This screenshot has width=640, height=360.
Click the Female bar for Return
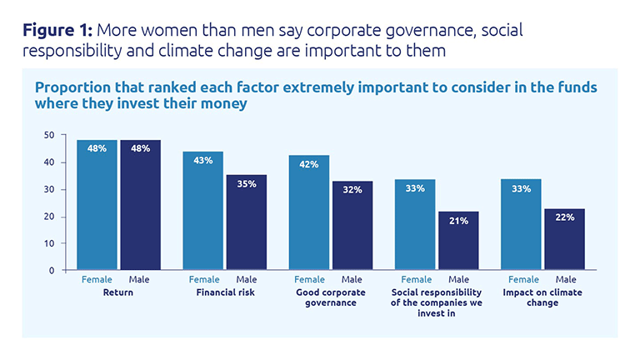[x=97, y=205]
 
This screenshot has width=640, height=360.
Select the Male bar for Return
[x=140, y=205]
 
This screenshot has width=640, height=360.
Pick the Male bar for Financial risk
[x=246, y=222]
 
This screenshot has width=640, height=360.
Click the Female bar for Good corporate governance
[x=308, y=212]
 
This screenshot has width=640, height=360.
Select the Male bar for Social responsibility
[x=457, y=241]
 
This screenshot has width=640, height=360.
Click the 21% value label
[x=458, y=221]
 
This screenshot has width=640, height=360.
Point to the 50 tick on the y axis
[x=49, y=135]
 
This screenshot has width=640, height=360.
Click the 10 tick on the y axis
[x=49, y=243]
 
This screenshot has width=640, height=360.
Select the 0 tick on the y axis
[x=52, y=271]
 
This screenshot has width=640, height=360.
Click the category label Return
[x=118, y=292]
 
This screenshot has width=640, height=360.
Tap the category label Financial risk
[x=224, y=292]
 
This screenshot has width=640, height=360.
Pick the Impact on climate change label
[x=542, y=297]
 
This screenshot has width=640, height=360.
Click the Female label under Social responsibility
[x=416, y=280]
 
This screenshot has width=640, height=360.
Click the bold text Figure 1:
[x=57, y=31]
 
